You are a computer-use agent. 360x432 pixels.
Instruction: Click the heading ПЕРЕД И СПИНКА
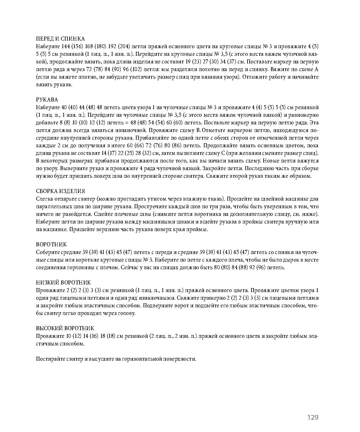[60, 39]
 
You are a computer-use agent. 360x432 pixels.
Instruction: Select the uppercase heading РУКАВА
[47, 100]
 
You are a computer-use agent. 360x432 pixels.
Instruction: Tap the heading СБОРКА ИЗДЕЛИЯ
[61, 191]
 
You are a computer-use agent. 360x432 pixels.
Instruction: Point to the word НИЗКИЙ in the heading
[46, 283]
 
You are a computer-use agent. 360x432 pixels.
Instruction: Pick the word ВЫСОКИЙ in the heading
[48, 328]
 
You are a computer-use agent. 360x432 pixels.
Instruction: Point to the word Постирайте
[49, 359]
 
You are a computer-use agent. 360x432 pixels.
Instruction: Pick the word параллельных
[52, 207]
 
